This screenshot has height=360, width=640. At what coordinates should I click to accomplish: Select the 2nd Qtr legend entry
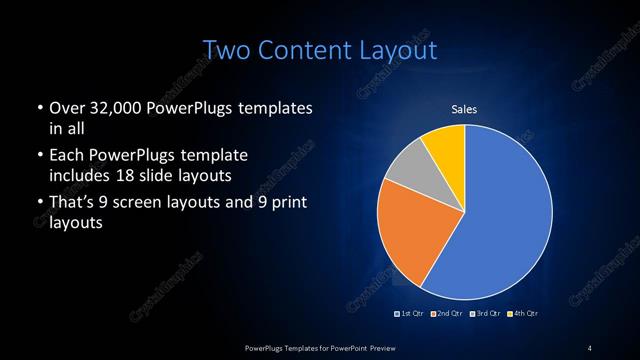(x=447, y=314)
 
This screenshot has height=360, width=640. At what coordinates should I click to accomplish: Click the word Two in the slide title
(x=226, y=50)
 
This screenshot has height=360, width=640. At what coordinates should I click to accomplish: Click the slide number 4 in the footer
(x=590, y=346)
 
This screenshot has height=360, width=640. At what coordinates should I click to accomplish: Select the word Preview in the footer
(x=387, y=346)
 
